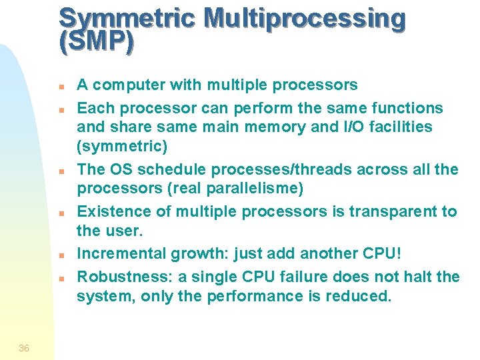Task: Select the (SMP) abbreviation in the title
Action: tap(96, 43)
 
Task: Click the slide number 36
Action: tap(24, 347)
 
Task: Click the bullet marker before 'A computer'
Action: tap(61, 87)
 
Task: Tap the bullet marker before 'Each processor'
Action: tap(61, 108)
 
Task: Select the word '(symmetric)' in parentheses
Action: tap(122, 146)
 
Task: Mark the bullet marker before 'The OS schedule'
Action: tap(61, 171)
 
